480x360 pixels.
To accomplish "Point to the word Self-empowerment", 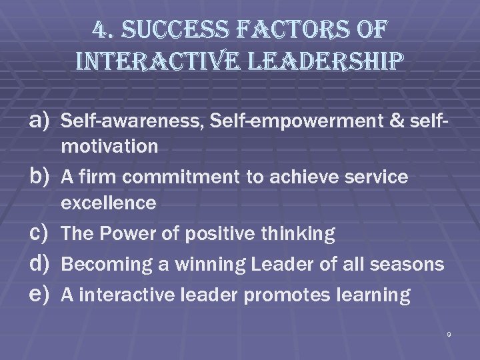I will click(251, 121).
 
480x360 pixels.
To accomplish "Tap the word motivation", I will click(109, 146).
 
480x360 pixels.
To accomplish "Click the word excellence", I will click(108, 203).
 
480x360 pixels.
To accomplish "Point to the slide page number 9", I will click(449, 333).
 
